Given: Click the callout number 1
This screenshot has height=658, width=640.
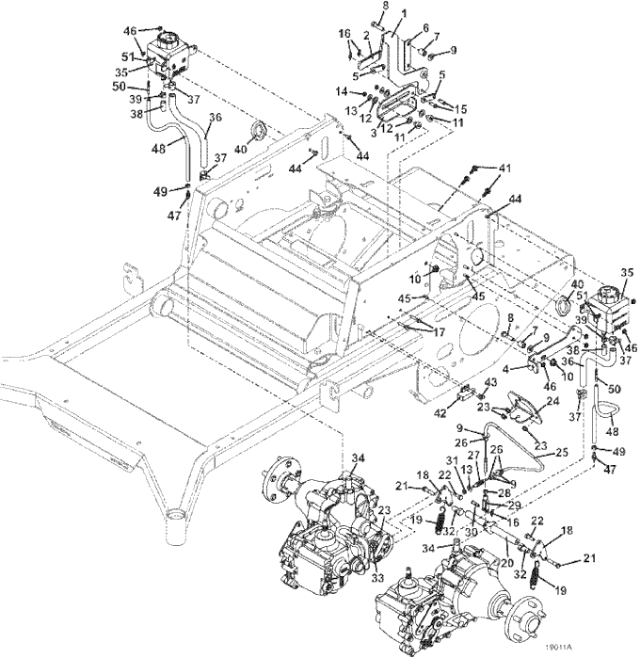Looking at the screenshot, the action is (x=404, y=13).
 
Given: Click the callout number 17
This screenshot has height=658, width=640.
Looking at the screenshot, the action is (x=438, y=333).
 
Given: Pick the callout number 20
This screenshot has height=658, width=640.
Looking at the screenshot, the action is (x=507, y=562).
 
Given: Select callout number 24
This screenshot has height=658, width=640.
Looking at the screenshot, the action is (x=553, y=401).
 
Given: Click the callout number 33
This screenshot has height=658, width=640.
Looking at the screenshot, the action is (x=377, y=578).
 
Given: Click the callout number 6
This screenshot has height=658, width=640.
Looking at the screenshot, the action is (x=425, y=27).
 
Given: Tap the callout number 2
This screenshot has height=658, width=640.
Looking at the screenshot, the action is (x=366, y=37).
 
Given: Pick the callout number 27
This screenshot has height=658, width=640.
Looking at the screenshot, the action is (x=473, y=456).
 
